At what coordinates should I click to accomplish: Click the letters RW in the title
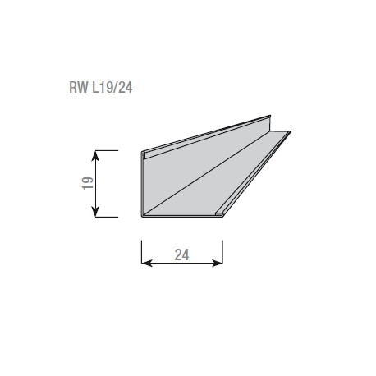coord(79,88)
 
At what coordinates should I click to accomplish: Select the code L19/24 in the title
coord(112,88)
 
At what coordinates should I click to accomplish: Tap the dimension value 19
coord(88,184)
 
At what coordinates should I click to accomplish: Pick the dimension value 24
coord(182,254)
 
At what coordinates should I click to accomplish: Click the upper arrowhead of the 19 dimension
coord(95,156)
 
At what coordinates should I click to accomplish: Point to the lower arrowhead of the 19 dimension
coord(95,212)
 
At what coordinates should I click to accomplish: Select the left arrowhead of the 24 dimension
coord(147,264)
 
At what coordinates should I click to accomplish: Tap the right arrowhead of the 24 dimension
coord(218,264)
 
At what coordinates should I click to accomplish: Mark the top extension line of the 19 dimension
coord(106,150)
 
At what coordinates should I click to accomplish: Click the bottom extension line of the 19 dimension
coord(106,217)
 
